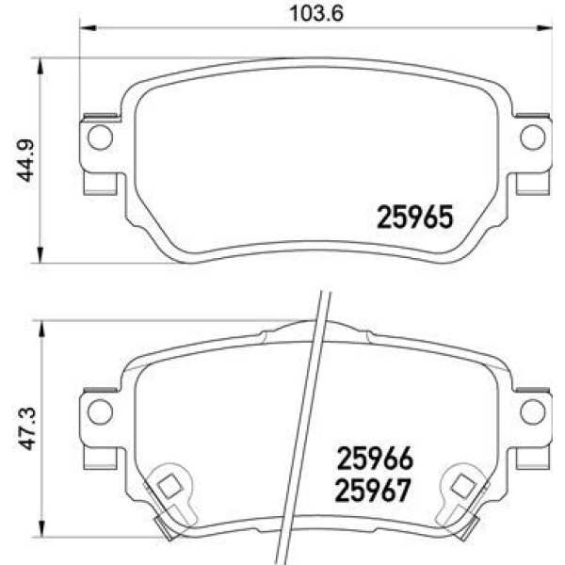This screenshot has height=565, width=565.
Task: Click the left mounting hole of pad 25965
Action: coord(99,138)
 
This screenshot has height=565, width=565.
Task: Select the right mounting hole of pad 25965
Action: coord(532,138)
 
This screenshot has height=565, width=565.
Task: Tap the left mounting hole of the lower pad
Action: coord(99,411)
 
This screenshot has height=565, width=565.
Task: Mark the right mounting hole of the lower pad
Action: coord(532,411)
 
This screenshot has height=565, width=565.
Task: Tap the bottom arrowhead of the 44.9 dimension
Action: coord(40,255)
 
